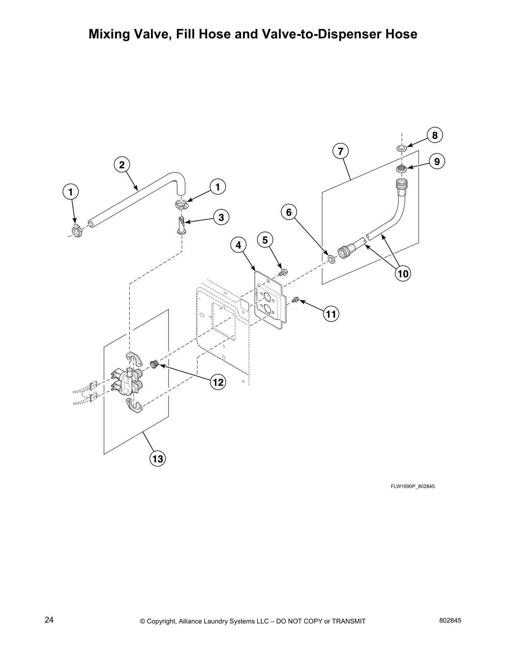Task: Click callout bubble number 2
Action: tap(122, 165)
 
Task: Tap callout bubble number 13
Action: tap(158, 458)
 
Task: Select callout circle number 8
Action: tap(434, 135)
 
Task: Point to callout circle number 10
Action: tap(403, 273)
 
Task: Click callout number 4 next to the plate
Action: tap(238, 245)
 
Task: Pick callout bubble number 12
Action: tap(218, 382)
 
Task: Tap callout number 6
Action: tap(289, 212)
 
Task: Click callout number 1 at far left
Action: tap(71, 192)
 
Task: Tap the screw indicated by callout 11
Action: tap(296, 300)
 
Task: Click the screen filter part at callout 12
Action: tap(155, 364)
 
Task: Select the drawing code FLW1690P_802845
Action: tap(413, 486)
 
